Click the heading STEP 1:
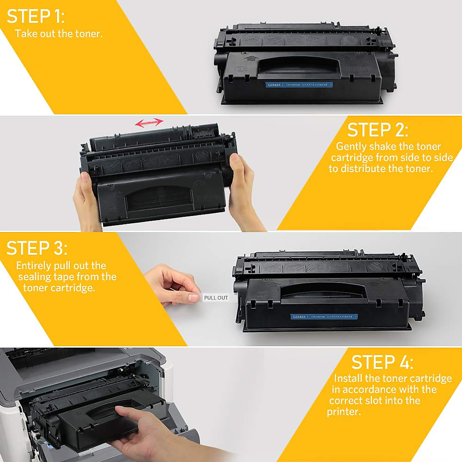point(36,17)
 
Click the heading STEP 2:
point(377,130)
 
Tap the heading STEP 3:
point(37,248)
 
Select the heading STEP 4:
point(382,363)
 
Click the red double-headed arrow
point(149,123)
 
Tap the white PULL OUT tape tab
point(216,298)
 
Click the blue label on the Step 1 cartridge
point(298,85)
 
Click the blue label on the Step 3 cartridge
point(323,316)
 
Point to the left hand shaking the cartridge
point(87,200)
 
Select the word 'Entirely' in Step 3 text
point(33,266)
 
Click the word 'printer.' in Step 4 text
point(344,412)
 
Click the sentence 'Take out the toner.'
point(59,34)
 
